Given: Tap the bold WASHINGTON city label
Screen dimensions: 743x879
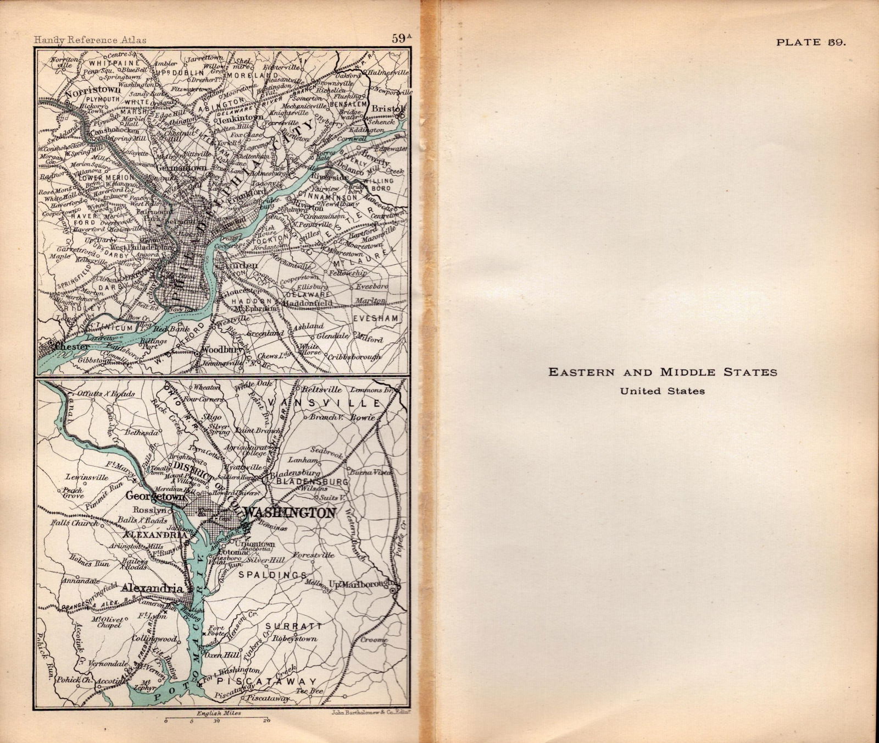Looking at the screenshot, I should [289, 513].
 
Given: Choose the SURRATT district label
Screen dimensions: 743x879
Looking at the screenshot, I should [293, 626].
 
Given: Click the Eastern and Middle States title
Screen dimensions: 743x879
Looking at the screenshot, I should [663, 372].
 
